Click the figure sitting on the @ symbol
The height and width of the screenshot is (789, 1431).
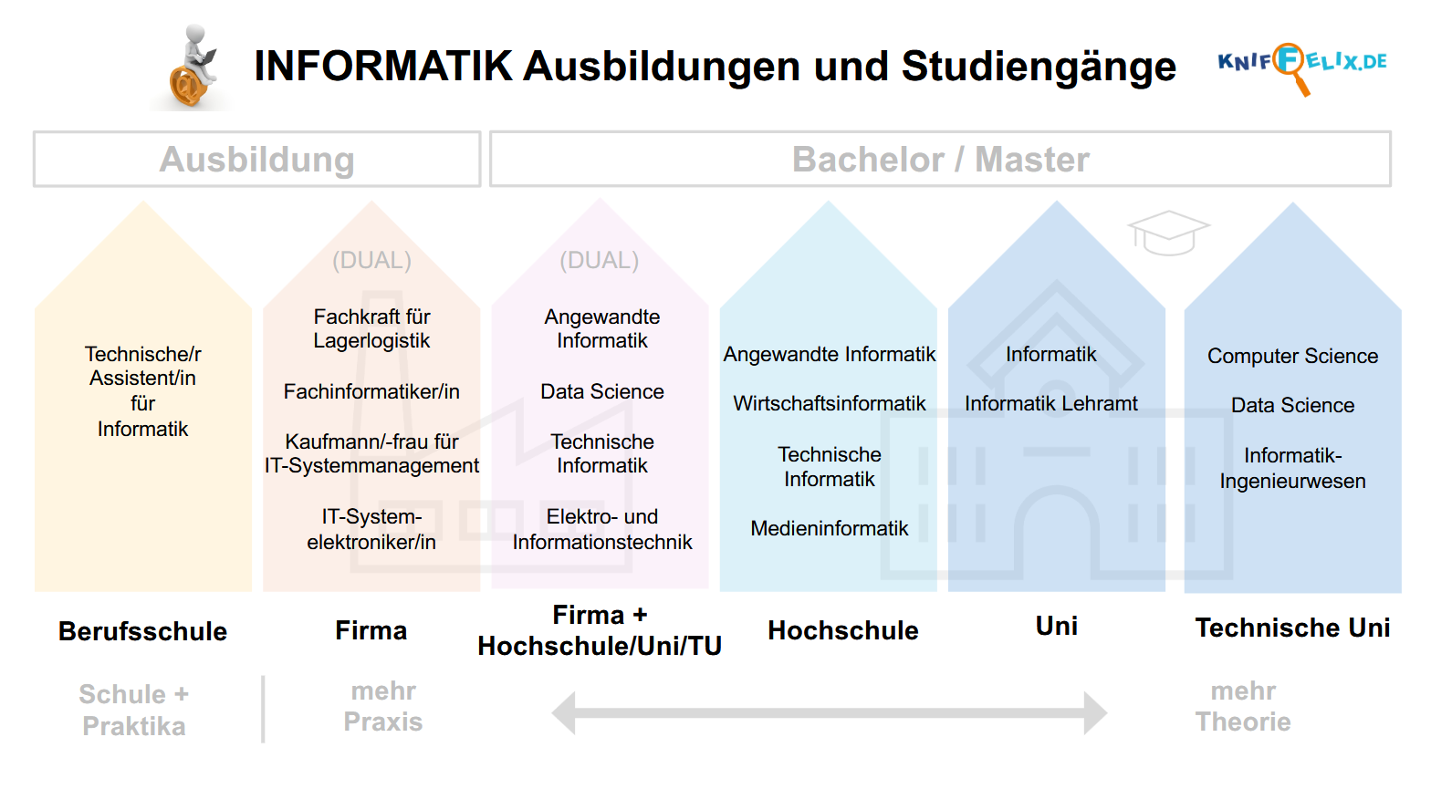pyautogui.click(x=193, y=67)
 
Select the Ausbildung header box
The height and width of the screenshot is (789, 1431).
pyautogui.click(x=256, y=159)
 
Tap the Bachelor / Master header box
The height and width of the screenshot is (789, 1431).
pyautogui.click(x=940, y=159)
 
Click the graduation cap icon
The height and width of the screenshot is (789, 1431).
pyautogui.click(x=1168, y=233)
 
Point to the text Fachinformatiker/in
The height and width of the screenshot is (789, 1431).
pyautogui.click(x=371, y=391)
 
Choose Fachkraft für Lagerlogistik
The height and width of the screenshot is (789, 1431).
pyautogui.click(x=371, y=328)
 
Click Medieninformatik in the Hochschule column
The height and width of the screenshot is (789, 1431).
pyautogui.click(x=830, y=528)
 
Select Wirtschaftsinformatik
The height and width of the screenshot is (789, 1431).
pyautogui.click(x=830, y=403)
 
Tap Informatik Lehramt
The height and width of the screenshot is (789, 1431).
pyautogui.click(x=1051, y=403)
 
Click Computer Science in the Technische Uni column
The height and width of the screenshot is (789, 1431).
pyautogui.click(x=1292, y=357)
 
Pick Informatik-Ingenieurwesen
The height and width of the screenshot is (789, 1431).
pyautogui.click(x=1292, y=468)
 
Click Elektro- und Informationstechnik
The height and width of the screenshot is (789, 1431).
pyautogui.click(x=601, y=529)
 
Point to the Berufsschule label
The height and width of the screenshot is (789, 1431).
pyautogui.click(x=142, y=630)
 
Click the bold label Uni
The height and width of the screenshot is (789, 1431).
pyautogui.click(x=1057, y=627)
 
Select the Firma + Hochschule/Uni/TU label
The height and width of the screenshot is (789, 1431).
pyautogui.click(x=600, y=630)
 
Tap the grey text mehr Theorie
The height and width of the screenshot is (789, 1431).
pyautogui.click(x=1243, y=707)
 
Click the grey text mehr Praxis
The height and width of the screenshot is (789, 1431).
pyautogui.click(x=383, y=707)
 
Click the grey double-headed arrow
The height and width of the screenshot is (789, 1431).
pyautogui.click(x=830, y=712)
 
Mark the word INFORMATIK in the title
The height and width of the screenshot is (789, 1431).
pyautogui.click(x=383, y=66)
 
